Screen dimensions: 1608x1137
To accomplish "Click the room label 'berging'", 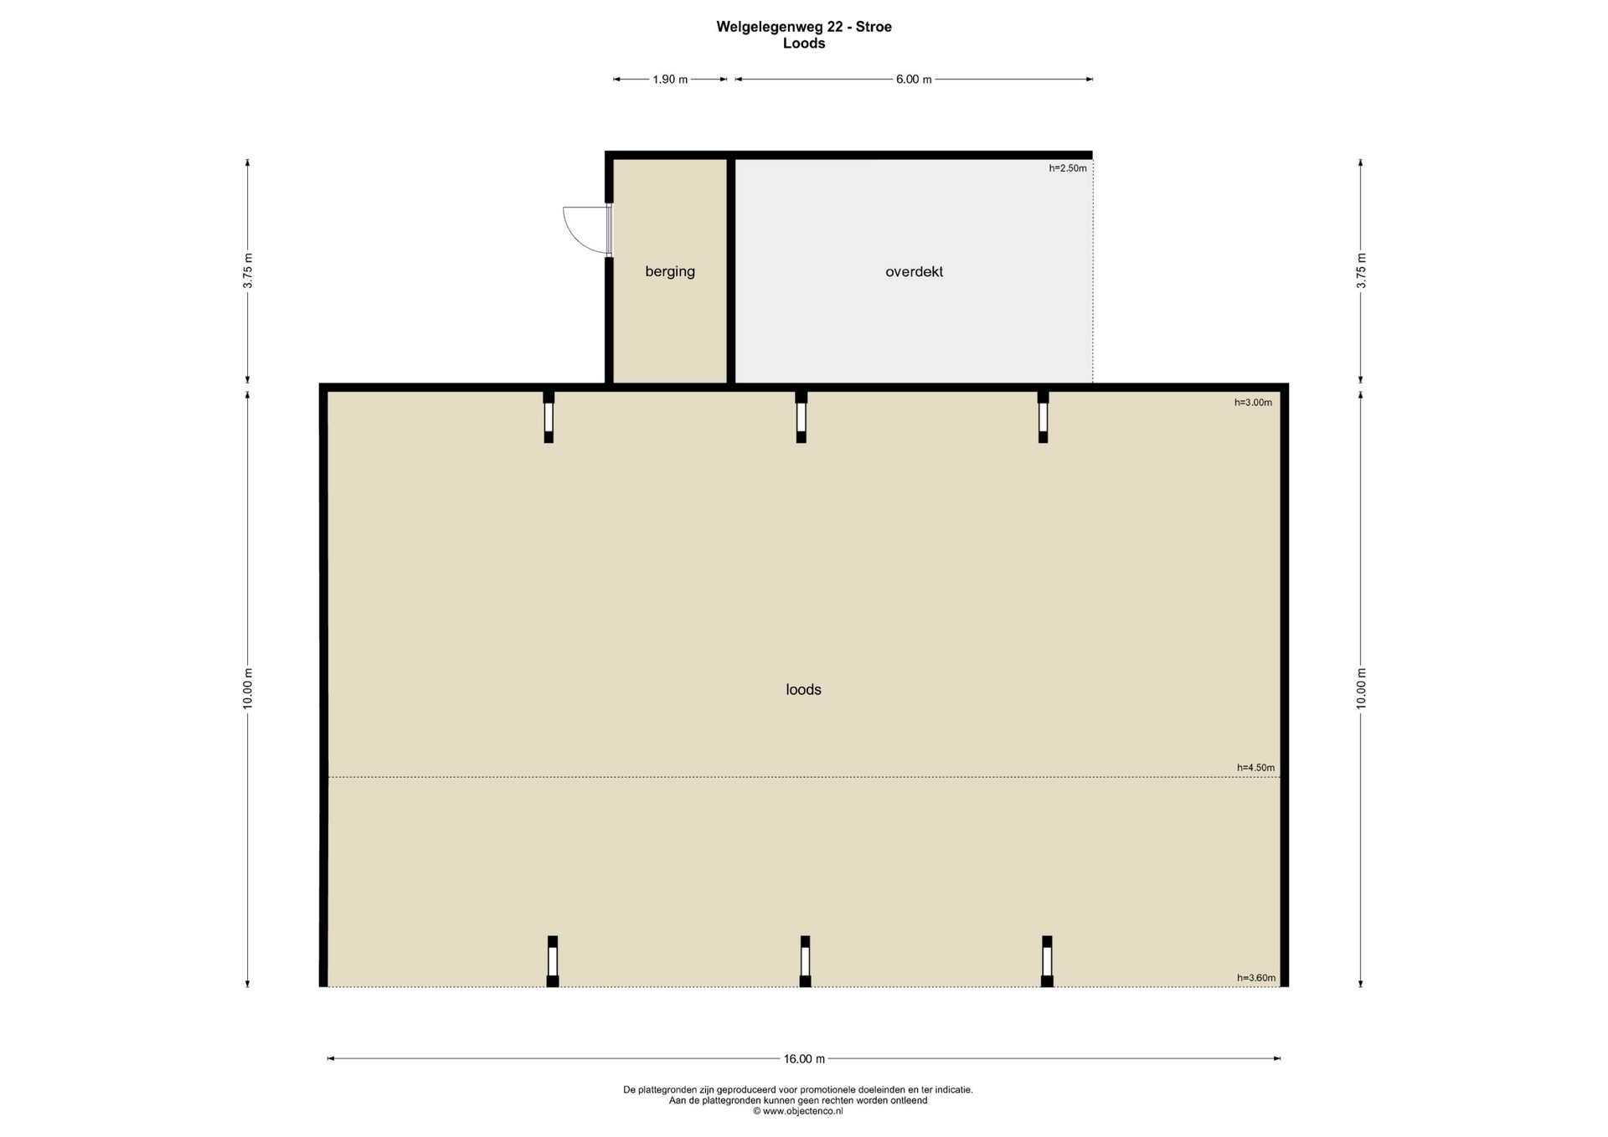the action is pyautogui.click(x=670, y=271).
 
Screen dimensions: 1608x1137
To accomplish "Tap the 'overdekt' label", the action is pyautogui.click(x=914, y=271).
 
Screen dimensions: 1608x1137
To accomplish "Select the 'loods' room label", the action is pyautogui.click(x=803, y=689).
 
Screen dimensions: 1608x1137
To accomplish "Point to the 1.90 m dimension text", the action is pyautogui.click(x=670, y=80).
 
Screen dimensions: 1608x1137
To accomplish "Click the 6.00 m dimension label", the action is pyautogui.click(x=914, y=80).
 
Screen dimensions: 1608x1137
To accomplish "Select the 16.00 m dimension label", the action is pyautogui.click(x=804, y=1058).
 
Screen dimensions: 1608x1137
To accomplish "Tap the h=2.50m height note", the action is pyautogui.click(x=1068, y=168).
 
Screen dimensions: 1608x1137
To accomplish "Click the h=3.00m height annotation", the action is pyautogui.click(x=1253, y=403).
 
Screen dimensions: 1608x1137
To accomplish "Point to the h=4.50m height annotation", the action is pyautogui.click(x=1255, y=768).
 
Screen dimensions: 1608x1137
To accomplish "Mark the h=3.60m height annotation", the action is pyautogui.click(x=1255, y=978).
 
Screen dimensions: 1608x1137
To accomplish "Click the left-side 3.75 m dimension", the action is pyautogui.click(x=248, y=271).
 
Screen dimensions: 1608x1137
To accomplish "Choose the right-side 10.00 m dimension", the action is pyautogui.click(x=1361, y=689).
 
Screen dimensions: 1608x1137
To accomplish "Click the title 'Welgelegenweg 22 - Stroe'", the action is pyautogui.click(x=804, y=27).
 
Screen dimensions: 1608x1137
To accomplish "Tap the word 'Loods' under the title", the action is pyautogui.click(x=804, y=44).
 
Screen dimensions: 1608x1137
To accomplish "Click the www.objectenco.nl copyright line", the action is pyautogui.click(x=798, y=1111).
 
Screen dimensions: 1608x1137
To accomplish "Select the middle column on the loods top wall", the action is pyautogui.click(x=801, y=416).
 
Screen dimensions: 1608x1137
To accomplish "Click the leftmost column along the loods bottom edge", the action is pyautogui.click(x=553, y=961).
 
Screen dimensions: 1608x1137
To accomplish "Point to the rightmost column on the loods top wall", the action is pyautogui.click(x=1043, y=416).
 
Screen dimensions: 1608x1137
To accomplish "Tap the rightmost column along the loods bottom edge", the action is pyautogui.click(x=1047, y=961).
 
